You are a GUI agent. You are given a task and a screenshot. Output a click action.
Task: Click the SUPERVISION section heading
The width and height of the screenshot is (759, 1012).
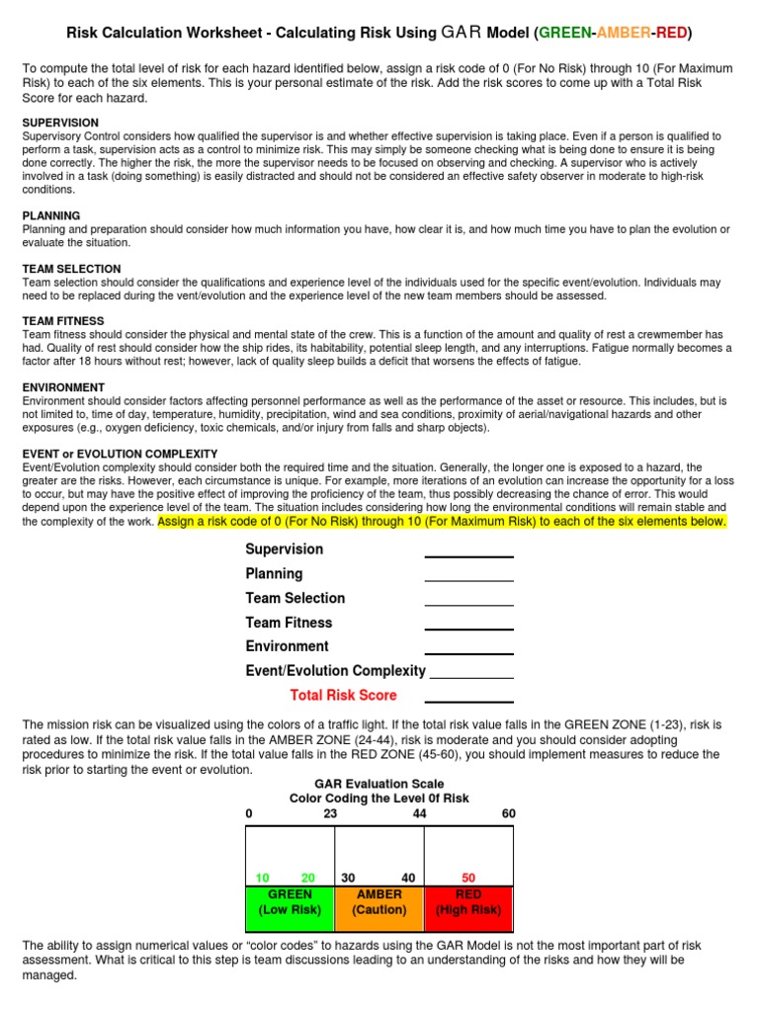tap(60, 123)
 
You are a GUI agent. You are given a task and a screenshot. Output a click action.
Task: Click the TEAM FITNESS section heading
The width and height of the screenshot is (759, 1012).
tap(63, 321)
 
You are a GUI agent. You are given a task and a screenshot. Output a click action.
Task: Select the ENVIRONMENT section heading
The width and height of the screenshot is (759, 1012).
tap(63, 387)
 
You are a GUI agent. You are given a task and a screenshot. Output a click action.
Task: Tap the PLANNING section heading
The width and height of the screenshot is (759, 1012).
tap(51, 215)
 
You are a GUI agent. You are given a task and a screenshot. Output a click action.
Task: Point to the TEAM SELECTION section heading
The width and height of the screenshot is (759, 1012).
tap(71, 269)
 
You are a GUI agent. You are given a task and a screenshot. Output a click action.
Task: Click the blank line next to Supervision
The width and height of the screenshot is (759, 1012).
tap(468, 555)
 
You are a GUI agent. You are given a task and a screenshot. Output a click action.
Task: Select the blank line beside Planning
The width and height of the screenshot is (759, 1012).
tap(468, 580)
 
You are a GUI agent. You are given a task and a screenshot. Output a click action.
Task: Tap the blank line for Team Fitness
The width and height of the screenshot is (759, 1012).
tap(468, 629)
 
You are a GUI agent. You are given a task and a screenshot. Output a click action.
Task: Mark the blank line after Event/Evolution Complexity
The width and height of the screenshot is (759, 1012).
tap(471, 677)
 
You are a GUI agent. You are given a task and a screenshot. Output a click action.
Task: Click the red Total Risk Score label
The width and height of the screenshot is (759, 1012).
tap(343, 696)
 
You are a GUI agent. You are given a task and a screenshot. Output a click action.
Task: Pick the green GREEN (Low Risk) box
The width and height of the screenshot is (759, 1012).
tap(290, 902)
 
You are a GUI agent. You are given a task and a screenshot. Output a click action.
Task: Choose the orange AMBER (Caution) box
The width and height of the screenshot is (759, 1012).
tap(379, 902)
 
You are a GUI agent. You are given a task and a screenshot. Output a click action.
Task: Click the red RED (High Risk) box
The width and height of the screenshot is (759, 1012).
tap(468, 902)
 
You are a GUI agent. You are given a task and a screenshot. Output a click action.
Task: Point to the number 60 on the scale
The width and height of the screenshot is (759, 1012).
tap(508, 813)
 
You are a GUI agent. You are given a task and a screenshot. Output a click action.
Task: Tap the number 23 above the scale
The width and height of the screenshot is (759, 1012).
tap(330, 813)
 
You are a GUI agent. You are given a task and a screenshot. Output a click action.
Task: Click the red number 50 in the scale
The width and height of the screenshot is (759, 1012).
tap(468, 878)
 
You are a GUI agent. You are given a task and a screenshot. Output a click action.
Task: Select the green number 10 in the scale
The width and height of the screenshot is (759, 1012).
tap(263, 878)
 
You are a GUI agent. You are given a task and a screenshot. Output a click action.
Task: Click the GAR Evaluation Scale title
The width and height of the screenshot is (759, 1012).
tap(379, 783)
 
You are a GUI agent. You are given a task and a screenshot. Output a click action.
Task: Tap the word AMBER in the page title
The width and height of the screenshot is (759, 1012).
tap(623, 34)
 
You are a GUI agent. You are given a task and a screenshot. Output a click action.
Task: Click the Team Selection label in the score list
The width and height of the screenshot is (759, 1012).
tap(295, 598)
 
